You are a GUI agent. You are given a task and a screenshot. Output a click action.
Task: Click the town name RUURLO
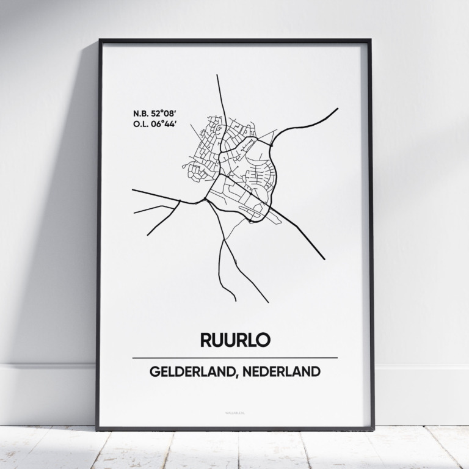(234, 340)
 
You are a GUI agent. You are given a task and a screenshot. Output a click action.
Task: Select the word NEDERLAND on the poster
(283, 371)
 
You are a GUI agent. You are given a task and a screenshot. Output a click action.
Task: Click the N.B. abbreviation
(140, 114)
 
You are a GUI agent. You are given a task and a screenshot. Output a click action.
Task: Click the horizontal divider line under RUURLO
(234, 358)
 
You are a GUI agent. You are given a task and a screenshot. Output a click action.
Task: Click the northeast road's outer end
(338, 109)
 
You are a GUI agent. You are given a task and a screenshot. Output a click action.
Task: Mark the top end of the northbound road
(217, 75)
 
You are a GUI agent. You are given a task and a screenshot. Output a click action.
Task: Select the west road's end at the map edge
(133, 190)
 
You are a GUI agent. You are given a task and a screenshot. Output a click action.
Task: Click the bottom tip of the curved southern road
(236, 300)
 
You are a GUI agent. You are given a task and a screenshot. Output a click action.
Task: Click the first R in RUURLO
(206, 340)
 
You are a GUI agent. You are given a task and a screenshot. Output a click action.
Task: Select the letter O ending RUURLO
(263, 340)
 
